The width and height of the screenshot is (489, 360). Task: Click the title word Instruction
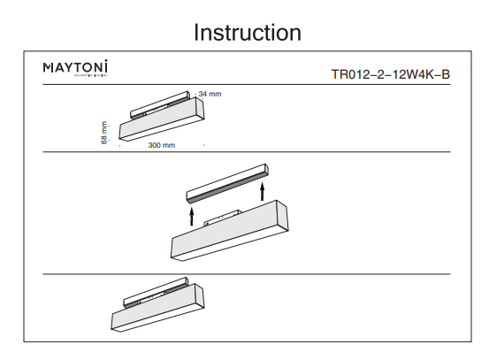point(247,33)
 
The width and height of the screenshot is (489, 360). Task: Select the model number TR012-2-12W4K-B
point(390,73)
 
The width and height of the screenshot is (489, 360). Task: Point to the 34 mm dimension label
point(209,94)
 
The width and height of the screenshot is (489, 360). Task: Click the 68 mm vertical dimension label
point(104,134)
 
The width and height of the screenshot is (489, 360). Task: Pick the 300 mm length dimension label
point(162,144)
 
